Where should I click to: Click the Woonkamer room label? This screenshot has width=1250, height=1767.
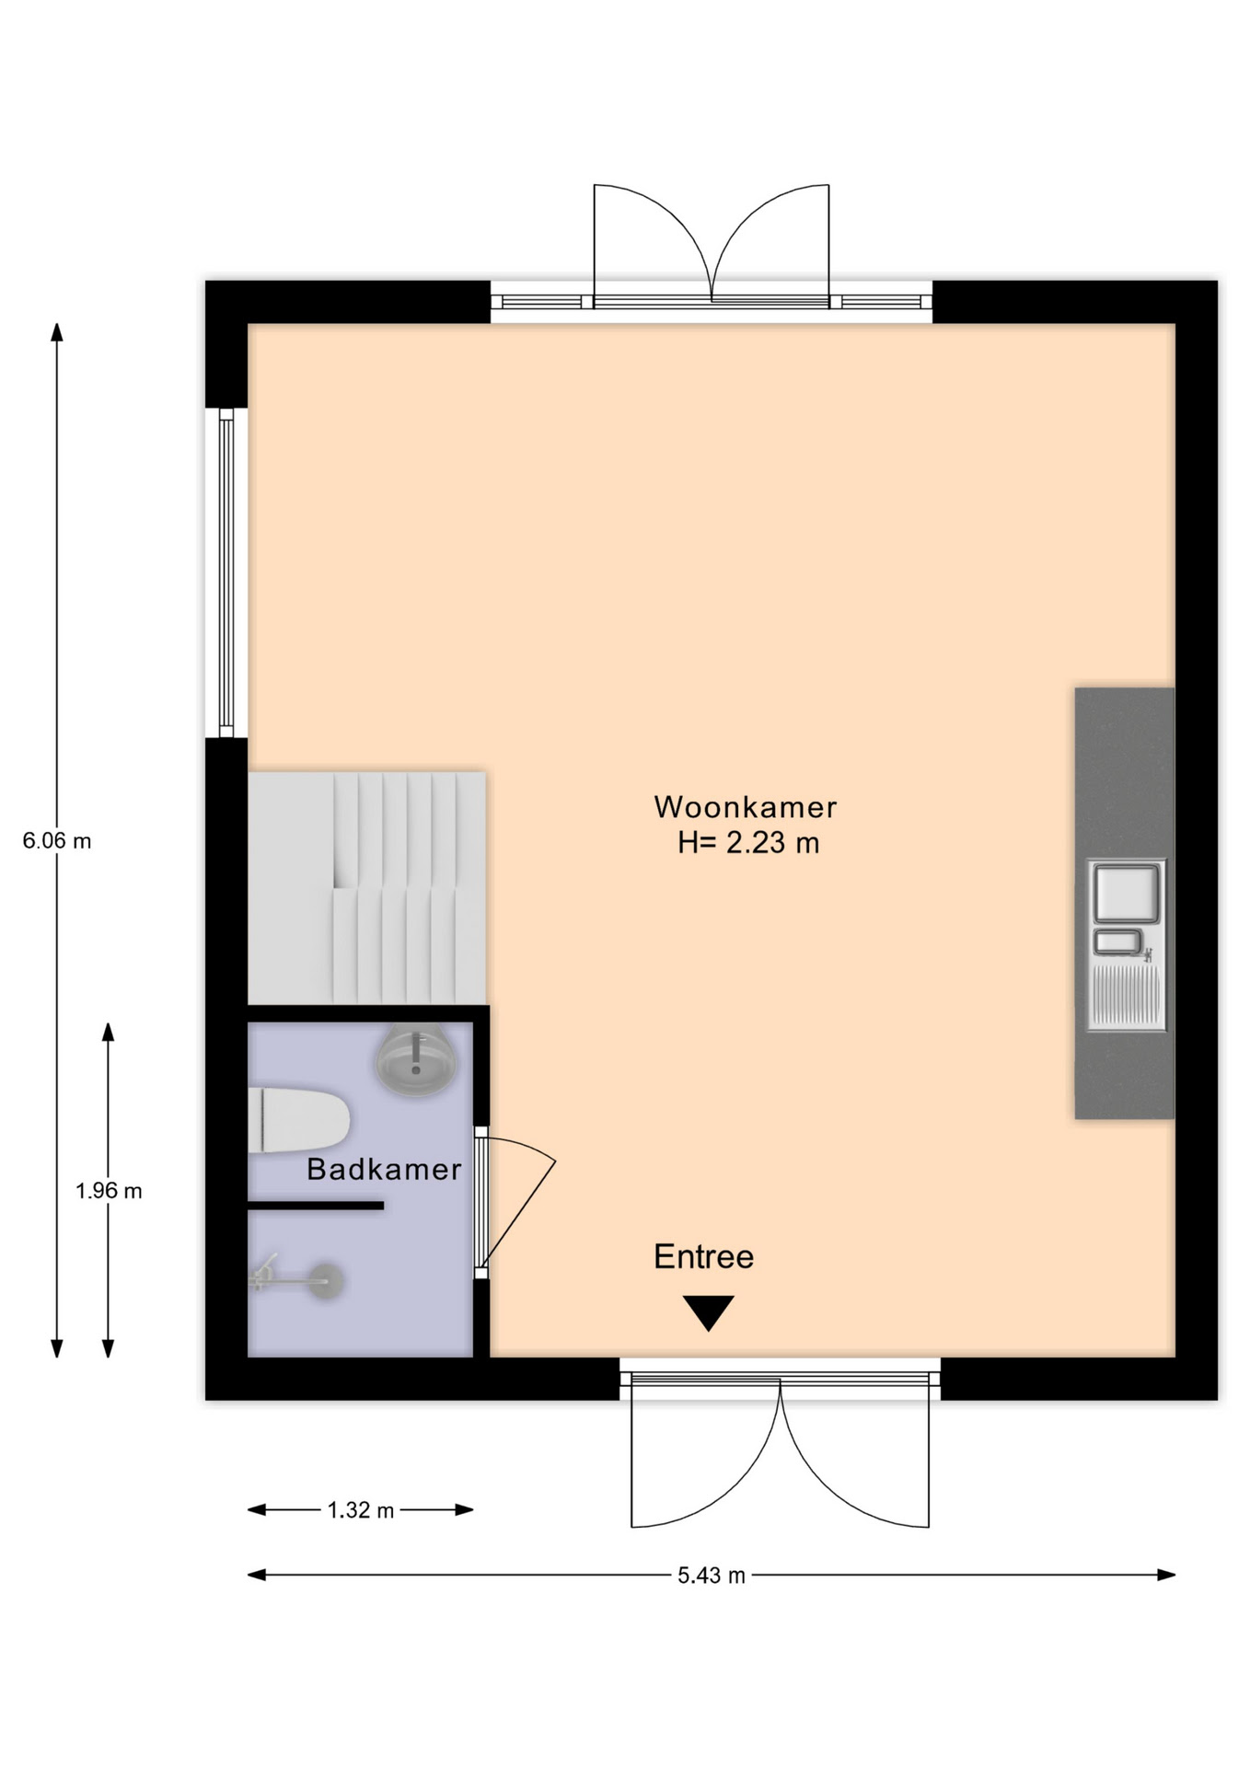[x=745, y=807]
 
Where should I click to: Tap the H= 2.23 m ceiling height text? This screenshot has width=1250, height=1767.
[x=748, y=843]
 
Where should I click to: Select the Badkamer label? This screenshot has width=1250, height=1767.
[x=384, y=1169]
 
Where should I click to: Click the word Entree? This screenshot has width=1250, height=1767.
[x=703, y=1256]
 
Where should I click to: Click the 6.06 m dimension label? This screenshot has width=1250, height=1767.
[x=57, y=840]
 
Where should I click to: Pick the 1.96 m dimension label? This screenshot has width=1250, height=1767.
[x=109, y=1191]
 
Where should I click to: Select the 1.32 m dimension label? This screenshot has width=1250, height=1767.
[x=360, y=1510]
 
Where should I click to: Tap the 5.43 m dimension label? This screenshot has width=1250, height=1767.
[x=712, y=1576]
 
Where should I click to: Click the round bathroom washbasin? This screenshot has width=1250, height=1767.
[x=416, y=1060]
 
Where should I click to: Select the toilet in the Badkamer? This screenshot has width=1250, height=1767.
[x=298, y=1119]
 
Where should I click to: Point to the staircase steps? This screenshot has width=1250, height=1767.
[x=367, y=888]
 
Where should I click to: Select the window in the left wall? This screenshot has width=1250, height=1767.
[x=226, y=572]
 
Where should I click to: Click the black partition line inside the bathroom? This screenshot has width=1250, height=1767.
[x=316, y=1205]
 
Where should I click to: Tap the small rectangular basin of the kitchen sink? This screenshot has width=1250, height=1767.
[x=1117, y=941]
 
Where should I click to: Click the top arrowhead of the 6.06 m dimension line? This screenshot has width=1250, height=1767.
[x=57, y=332]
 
